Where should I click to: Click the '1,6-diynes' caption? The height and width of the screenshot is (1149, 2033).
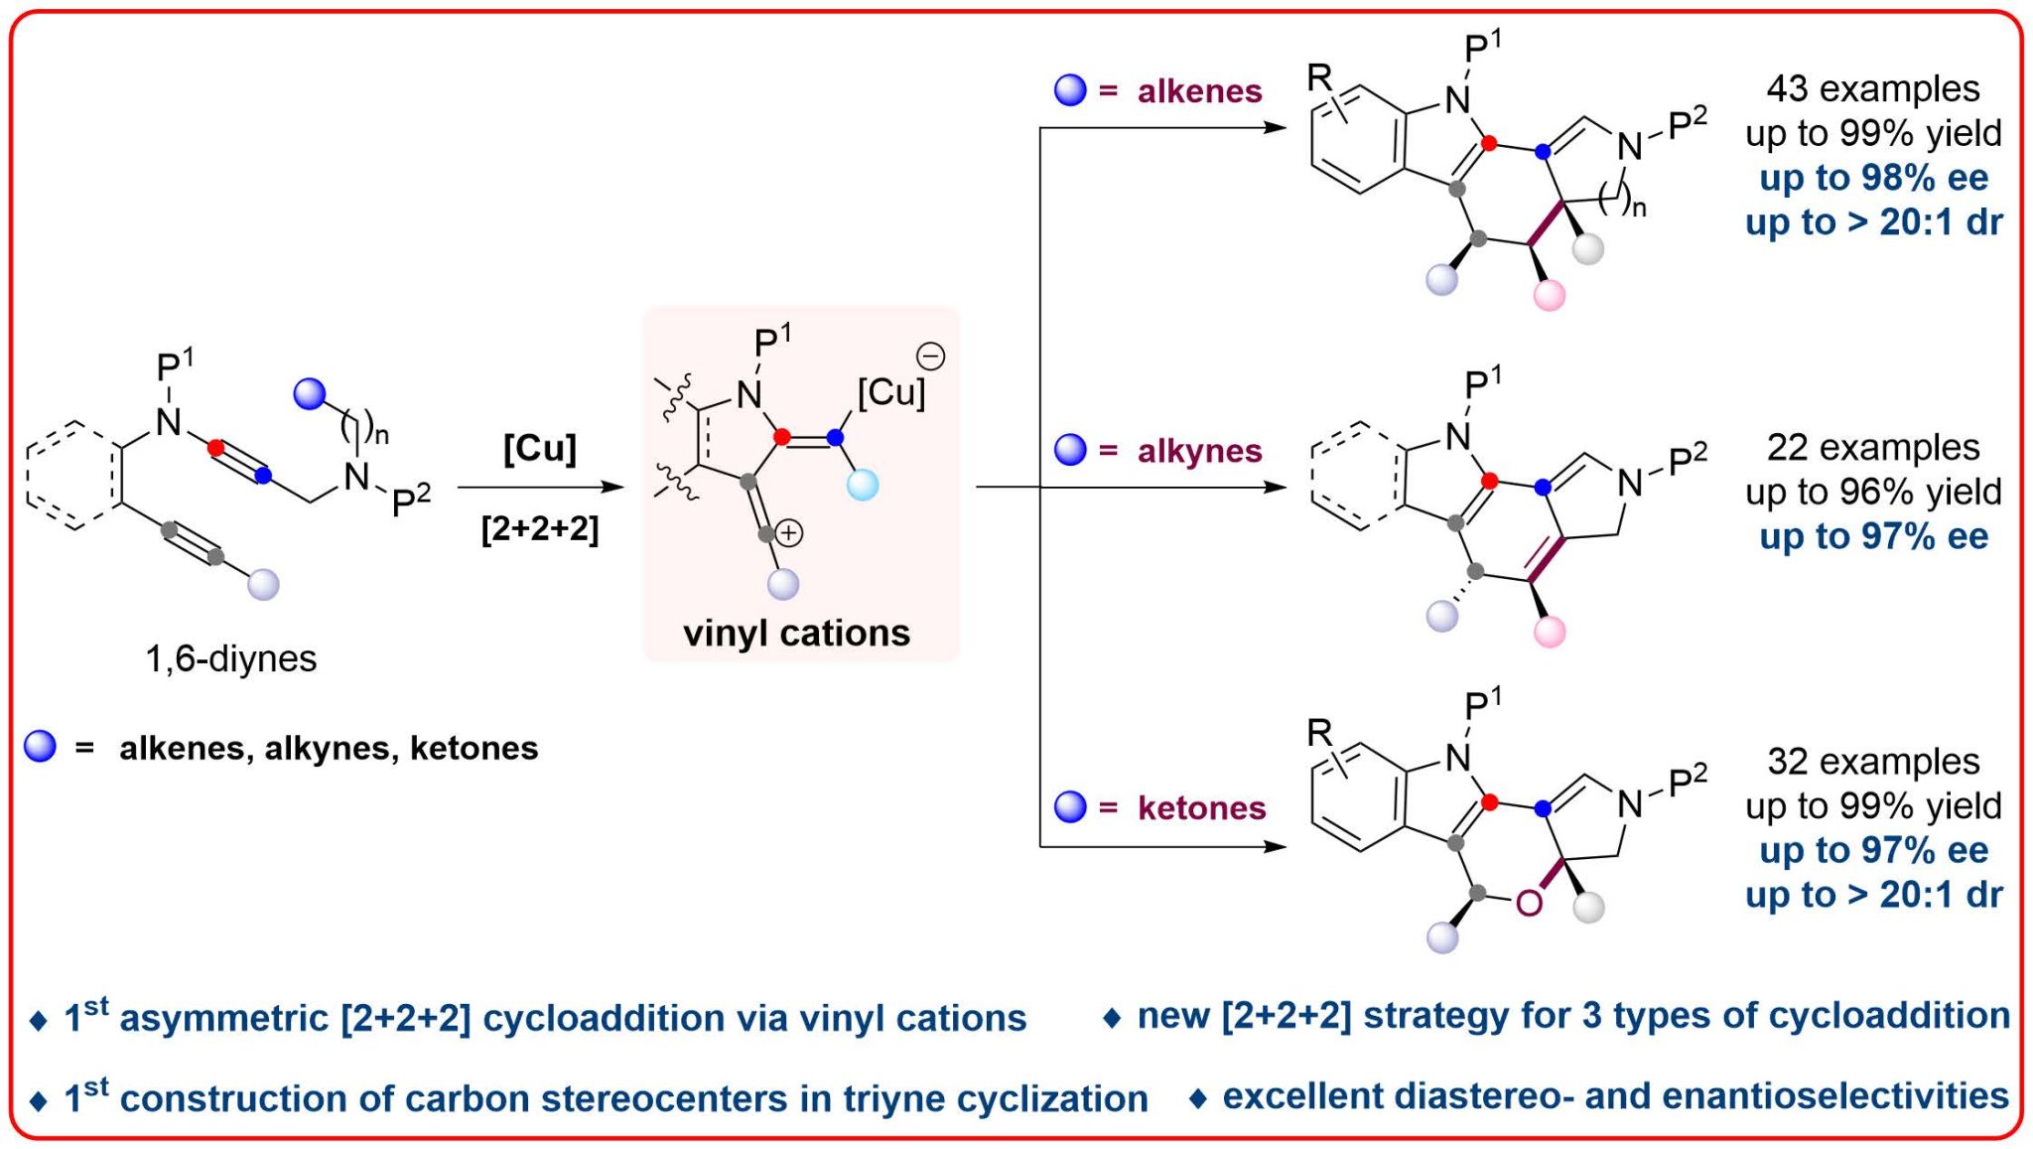point(230,658)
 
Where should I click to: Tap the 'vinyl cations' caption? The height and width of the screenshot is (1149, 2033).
point(796,633)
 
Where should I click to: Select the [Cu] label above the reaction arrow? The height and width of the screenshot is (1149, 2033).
point(539,448)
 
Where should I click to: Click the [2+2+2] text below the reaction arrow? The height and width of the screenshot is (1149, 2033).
point(539,528)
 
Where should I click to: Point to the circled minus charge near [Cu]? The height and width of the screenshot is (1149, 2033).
point(930,356)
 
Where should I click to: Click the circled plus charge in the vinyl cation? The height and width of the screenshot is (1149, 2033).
point(789,533)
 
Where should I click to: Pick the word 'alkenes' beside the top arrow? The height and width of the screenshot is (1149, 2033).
point(1199,91)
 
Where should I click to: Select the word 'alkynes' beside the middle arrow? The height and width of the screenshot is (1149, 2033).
point(1199,451)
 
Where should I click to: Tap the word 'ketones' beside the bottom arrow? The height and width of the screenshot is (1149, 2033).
point(1201,807)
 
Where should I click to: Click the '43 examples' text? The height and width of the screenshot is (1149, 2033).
point(1872,88)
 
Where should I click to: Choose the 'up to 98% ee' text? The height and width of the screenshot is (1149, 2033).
point(1873,178)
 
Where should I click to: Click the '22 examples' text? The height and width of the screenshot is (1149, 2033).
point(1872,447)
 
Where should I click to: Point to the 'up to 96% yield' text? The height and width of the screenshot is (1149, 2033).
point(1873,492)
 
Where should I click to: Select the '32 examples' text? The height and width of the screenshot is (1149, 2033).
point(1872,761)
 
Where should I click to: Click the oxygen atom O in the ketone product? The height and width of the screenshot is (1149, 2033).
point(1529,903)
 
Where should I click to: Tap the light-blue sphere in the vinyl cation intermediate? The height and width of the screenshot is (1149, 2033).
point(863,486)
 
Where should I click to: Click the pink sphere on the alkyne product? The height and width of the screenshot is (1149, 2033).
point(1549,631)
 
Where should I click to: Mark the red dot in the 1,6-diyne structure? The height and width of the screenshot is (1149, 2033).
point(215,448)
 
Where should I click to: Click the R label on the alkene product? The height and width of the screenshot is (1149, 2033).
point(1318,76)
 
